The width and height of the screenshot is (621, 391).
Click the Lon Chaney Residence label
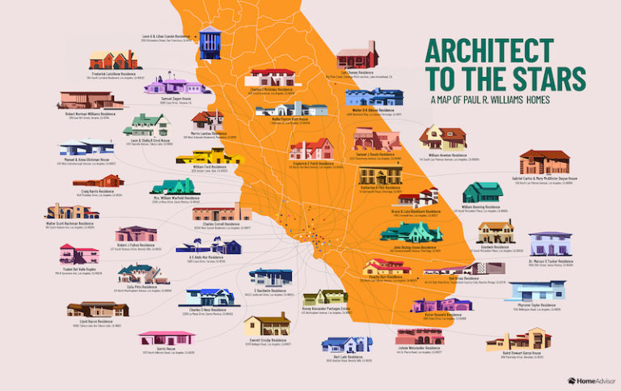(x=356, y=72)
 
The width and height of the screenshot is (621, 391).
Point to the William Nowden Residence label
(x=447, y=155)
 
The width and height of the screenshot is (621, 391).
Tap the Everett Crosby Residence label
(x=268, y=342)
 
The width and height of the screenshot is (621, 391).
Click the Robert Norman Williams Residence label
(x=91, y=114)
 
